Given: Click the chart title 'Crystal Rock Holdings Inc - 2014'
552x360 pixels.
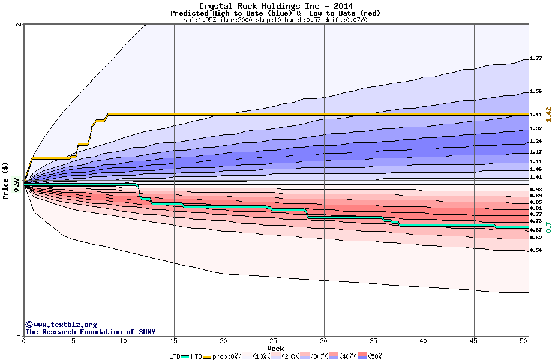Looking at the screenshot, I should pyautogui.click(x=275, y=6).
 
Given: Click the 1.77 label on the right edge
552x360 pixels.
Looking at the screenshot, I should pyautogui.click(x=536, y=59).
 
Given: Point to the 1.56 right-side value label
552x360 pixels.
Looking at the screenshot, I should pyautogui.click(x=536, y=92).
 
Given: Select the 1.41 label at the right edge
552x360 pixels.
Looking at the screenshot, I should pyautogui.click(x=536, y=115).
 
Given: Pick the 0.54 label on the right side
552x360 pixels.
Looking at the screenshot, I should pyautogui.click(x=536, y=250).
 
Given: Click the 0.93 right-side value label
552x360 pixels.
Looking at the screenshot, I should pyautogui.click(x=536, y=190).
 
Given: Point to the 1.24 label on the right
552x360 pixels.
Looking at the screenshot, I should pyautogui.click(x=536, y=142).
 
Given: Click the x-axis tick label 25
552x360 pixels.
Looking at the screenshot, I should pyautogui.click(x=274, y=341).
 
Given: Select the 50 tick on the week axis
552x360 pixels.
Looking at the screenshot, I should pyautogui.click(x=523, y=341).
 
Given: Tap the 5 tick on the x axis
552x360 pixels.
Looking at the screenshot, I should pyautogui.click(x=74, y=341).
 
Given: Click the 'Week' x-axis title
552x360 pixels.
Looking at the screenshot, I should pyautogui.click(x=275, y=348).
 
